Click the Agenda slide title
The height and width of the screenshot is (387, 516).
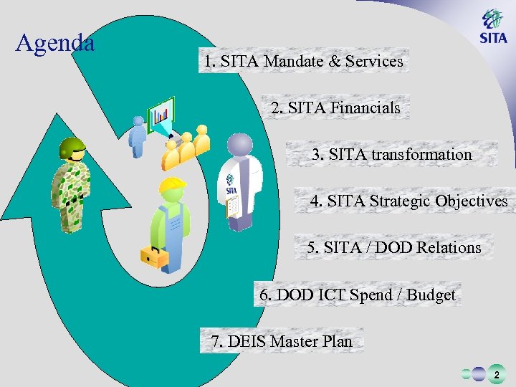pos(55,44)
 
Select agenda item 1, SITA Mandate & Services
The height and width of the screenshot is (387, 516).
pos(303,62)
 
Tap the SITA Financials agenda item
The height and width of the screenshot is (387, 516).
pos(335,108)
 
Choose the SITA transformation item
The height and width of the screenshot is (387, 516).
pos(391,155)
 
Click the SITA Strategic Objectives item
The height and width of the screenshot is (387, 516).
pos(408,201)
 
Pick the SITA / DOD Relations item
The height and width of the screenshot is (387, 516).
pos(394,248)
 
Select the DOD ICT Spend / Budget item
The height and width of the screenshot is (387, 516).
pos(357,295)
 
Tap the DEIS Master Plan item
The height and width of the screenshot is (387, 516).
pos(282,342)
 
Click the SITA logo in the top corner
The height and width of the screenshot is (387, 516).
pos(492,28)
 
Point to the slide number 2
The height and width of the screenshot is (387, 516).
pos(496,375)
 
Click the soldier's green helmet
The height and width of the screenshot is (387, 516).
pos(72,148)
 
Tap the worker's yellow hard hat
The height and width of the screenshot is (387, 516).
pos(172,188)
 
